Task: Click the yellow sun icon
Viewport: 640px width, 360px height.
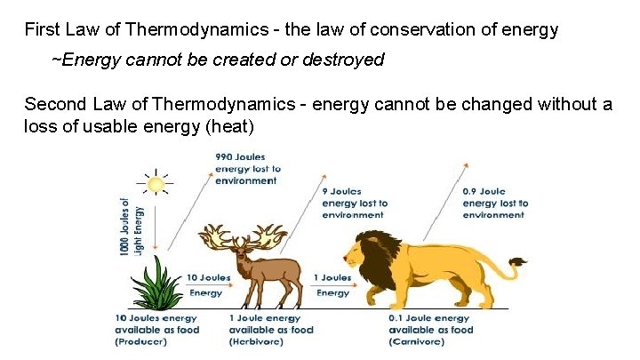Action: point(156,184)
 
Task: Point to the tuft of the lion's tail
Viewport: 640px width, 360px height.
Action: point(517,262)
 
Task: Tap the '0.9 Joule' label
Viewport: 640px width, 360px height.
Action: point(484,191)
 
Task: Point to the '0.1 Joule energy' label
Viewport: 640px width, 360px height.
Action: point(429,318)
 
